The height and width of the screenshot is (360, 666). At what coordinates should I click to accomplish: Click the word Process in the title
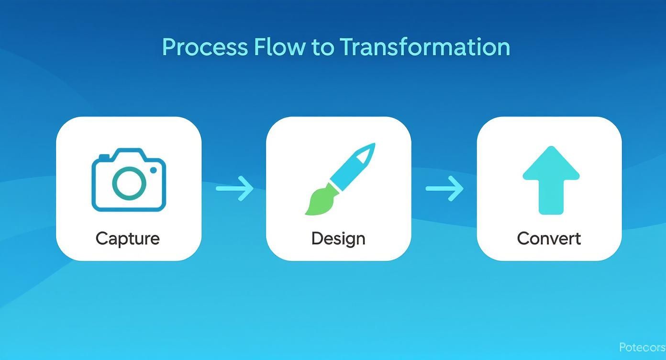tap(205, 47)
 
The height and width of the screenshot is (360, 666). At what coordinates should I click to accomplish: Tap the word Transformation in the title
tap(425, 47)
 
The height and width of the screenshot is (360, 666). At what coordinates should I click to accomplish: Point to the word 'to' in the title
tap(323, 47)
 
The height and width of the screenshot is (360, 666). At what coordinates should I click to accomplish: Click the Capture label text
tap(127, 238)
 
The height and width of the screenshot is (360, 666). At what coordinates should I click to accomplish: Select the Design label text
tap(338, 238)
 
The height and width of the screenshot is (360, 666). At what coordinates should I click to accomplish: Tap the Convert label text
tap(549, 238)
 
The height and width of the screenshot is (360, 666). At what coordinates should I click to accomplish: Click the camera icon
tap(128, 180)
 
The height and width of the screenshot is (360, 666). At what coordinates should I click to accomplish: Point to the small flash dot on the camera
tap(154, 170)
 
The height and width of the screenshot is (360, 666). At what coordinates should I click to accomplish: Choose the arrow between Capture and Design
tap(234, 189)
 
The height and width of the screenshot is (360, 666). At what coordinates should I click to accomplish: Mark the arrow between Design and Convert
tap(444, 189)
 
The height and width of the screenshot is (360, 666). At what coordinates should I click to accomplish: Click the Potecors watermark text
tap(642, 347)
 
